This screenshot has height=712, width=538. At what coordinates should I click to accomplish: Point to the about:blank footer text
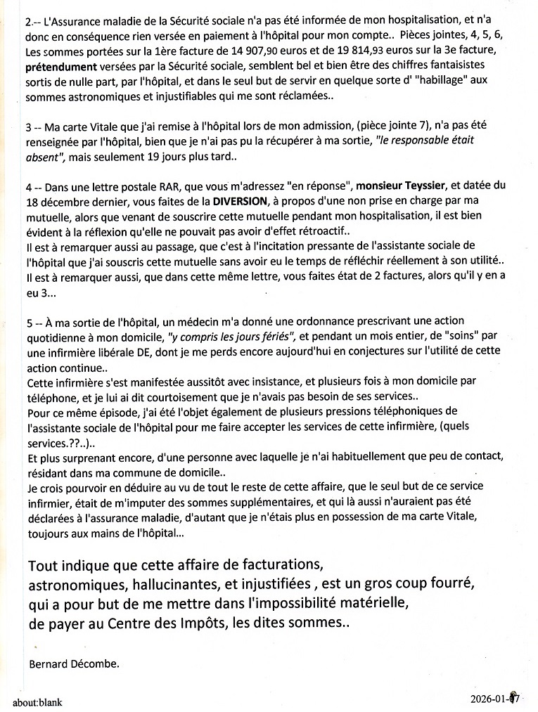(x=37, y=701)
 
